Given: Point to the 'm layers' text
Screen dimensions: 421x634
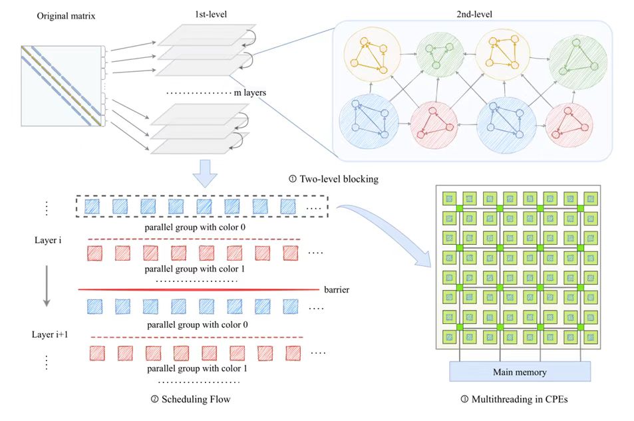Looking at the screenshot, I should (250, 92).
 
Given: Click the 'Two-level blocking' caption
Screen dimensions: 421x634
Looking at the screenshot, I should (334, 178).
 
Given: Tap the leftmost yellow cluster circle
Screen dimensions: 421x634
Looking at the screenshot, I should (370, 56).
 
